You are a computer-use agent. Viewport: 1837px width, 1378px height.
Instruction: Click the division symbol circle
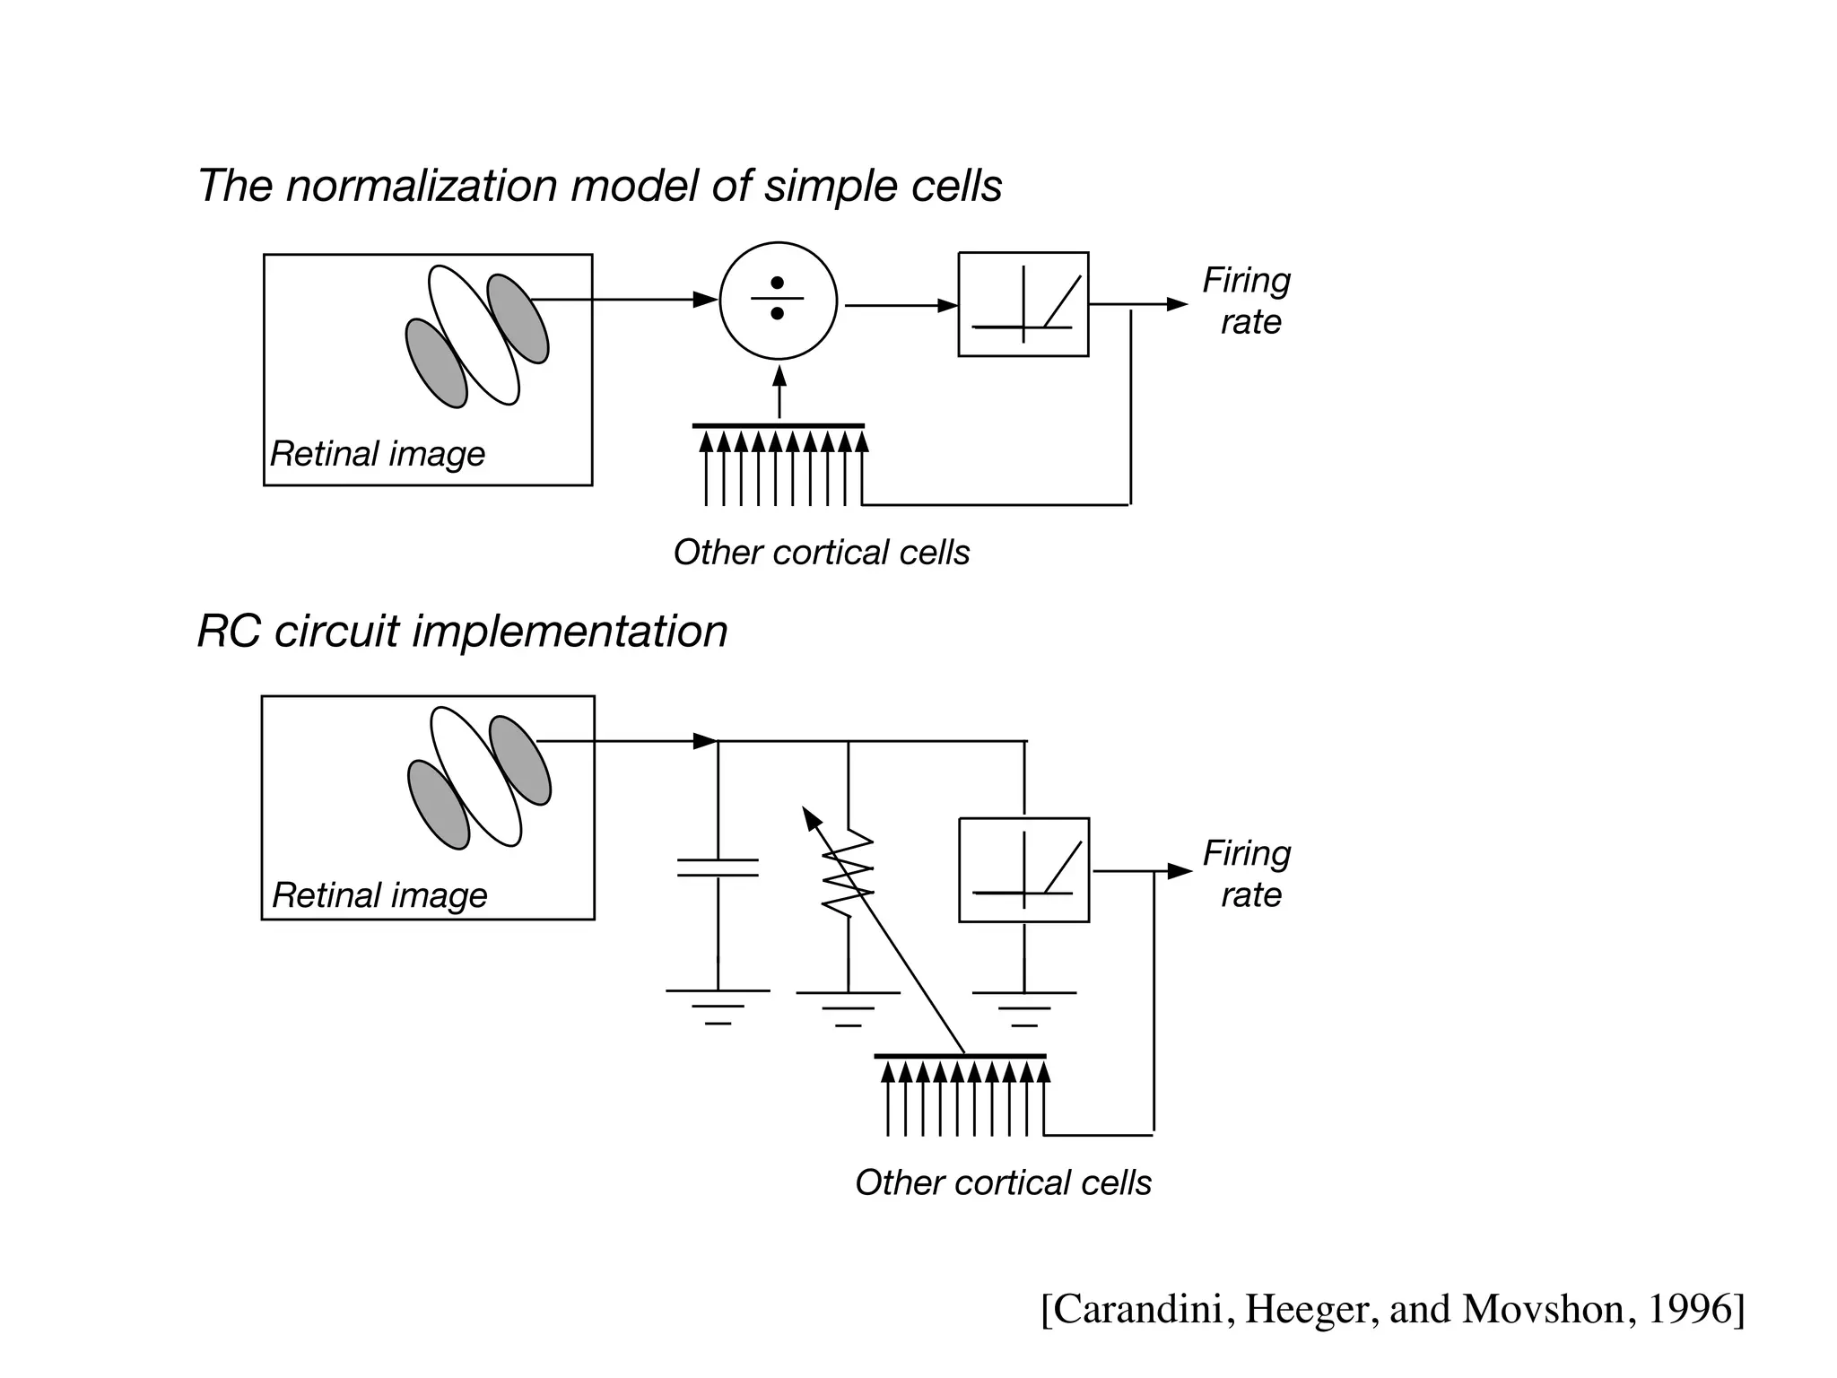click(x=778, y=301)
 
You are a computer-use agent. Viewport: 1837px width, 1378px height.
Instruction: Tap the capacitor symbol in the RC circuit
click(x=718, y=868)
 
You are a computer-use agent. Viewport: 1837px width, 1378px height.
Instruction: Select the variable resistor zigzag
click(x=848, y=875)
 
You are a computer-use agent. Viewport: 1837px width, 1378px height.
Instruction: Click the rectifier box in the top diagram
click(x=1023, y=304)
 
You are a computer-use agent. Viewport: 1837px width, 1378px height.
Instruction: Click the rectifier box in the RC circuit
click(x=1023, y=869)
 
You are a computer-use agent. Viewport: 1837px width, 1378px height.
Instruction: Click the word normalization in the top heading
click(x=422, y=187)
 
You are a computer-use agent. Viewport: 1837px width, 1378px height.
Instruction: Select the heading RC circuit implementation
click(x=462, y=631)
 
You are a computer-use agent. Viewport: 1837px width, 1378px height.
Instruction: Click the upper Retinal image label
click(x=378, y=454)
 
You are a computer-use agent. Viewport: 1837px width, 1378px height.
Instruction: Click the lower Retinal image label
click(x=379, y=895)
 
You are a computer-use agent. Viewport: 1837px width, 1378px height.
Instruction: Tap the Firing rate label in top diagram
click(x=1247, y=301)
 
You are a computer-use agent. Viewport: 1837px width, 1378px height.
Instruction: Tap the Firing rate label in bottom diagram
click(x=1247, y=874)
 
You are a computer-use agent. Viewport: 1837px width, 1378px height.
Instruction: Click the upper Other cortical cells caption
click(x=821, y=553)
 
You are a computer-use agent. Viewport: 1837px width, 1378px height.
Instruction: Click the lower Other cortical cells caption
click(x=1003, y=1182)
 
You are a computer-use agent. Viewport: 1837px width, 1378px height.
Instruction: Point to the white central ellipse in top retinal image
click(x=474, y=336)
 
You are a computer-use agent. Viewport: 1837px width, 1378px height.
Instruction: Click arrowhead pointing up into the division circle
click(x=779, y=376)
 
